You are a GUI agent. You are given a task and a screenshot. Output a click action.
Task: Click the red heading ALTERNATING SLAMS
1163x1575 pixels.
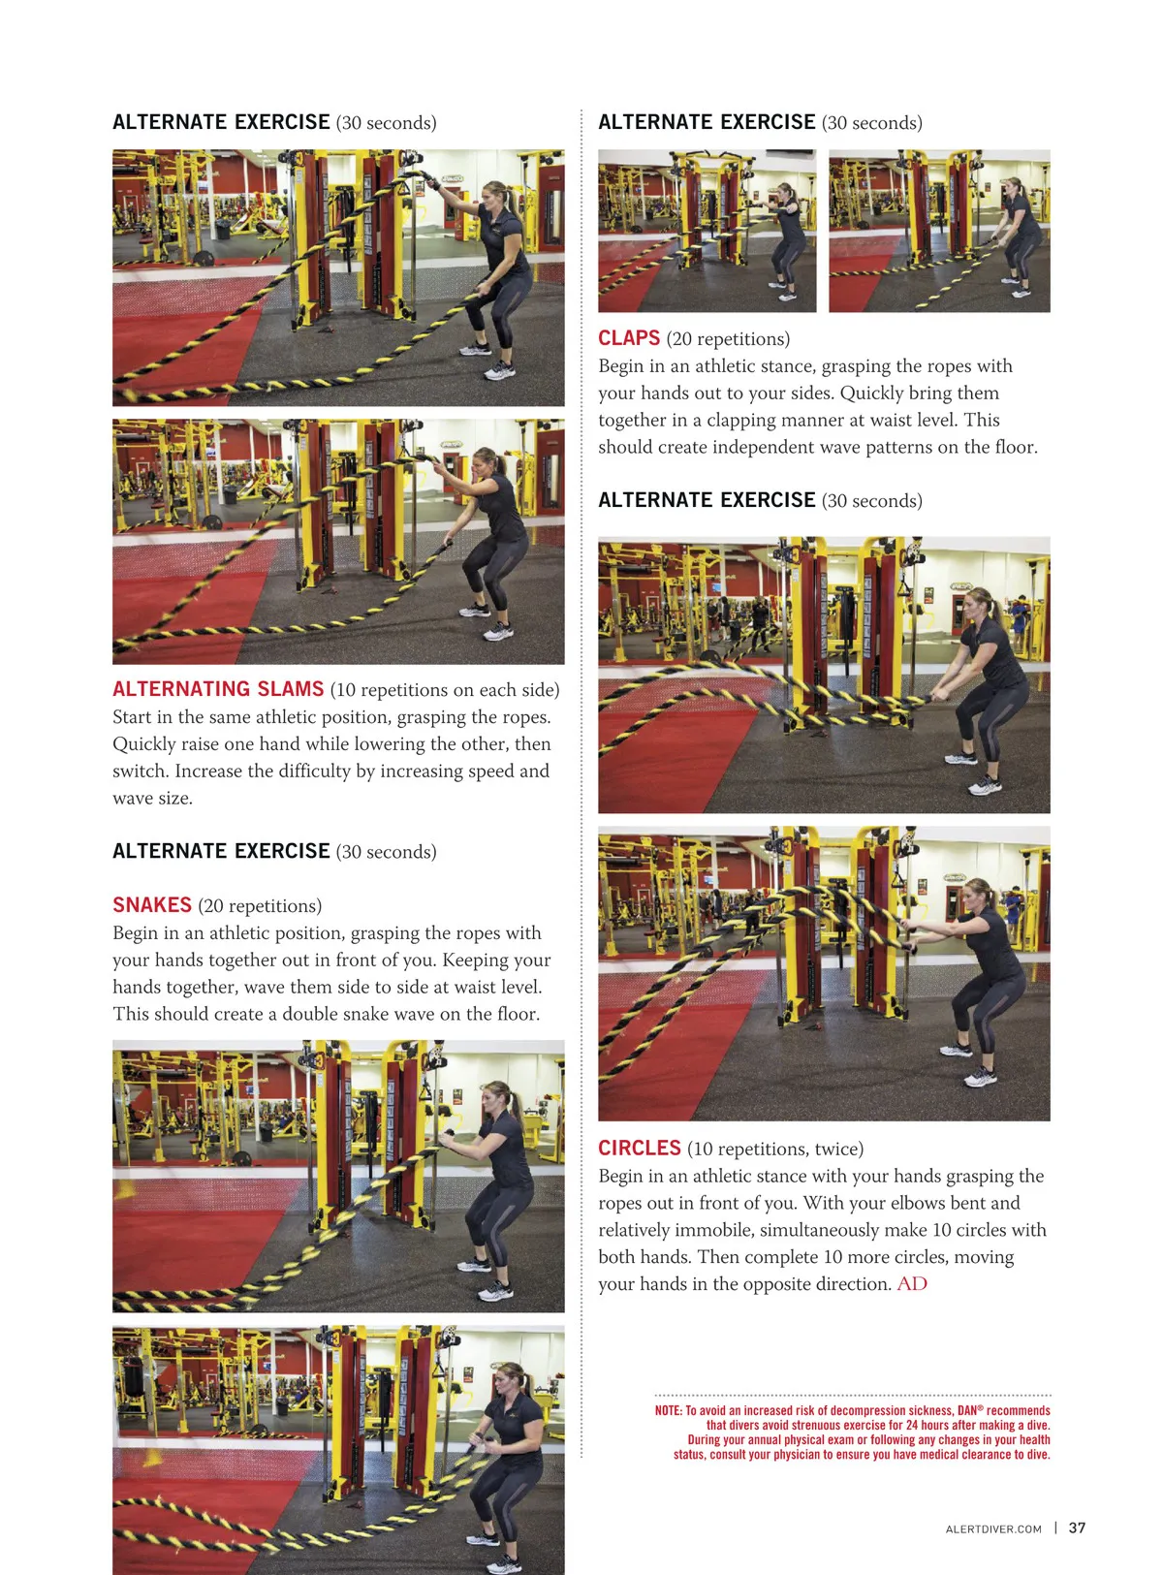tap(218, 689)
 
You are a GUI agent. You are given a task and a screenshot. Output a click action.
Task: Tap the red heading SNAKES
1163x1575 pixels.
tap(152, 904)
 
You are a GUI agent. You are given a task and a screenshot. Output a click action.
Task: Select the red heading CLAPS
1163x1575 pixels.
tap(629, 338)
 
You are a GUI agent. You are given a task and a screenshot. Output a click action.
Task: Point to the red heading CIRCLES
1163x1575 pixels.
tap(639, 1149)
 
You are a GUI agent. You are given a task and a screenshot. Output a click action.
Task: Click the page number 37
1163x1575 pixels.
tap(1077, 1528)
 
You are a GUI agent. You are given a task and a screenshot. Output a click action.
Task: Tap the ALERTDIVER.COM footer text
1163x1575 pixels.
tap(993, 1528)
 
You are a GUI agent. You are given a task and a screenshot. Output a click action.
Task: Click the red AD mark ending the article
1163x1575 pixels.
tap(912, 1284)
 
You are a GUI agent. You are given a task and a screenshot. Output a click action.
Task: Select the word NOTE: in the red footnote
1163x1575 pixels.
tap(668, 1410)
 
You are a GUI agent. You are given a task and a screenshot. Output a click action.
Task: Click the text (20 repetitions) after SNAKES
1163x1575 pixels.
tap(260, 906)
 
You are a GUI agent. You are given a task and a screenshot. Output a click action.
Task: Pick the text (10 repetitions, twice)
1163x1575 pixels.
tap(775, 1149)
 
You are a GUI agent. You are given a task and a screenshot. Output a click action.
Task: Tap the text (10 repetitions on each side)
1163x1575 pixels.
tap(445, 690)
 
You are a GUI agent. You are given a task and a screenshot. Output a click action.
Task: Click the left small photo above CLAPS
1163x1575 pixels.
tap(707, 231)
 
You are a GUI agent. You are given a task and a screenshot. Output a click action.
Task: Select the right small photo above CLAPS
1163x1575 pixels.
tap(939, 231)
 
